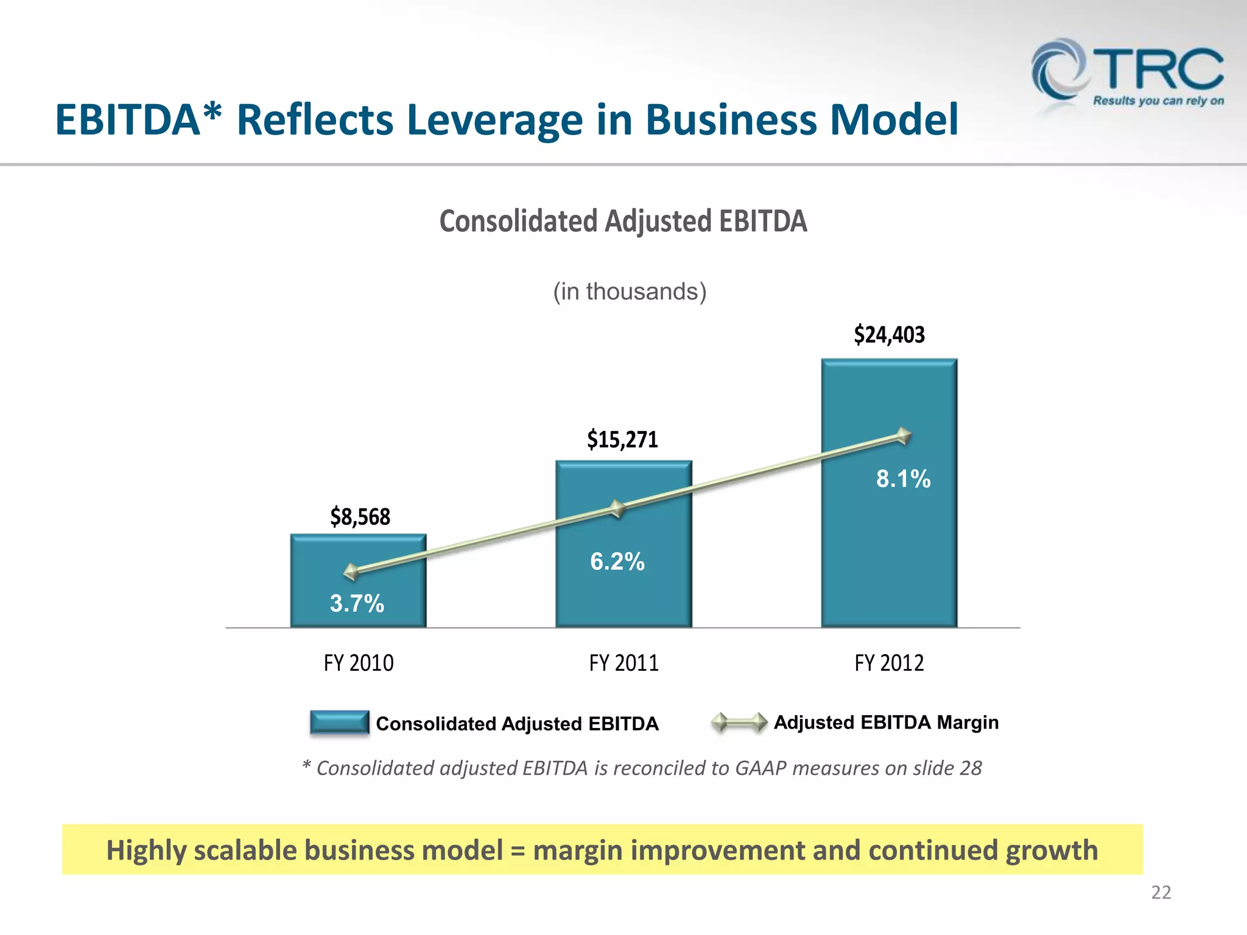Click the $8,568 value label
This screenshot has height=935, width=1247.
[x=360, y=517]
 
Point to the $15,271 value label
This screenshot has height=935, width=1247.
[x=622, y=439]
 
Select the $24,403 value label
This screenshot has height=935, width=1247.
[x=889, y=335]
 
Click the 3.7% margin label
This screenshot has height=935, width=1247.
[x=357, y=603]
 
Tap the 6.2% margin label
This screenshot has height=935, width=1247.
[x=617, y=561]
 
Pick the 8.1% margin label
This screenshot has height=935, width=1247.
[x=903, y=478]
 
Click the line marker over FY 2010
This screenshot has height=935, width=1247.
[x=351, y=572]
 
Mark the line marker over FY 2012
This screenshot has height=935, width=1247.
[x=904, y=436]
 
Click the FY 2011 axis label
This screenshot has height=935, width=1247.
[x=623, y=663]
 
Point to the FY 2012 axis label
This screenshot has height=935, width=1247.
[x=889, y=663]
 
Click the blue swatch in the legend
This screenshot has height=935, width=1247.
[x=339, y=723]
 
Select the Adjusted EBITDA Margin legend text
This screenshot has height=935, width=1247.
[x=886, y=723]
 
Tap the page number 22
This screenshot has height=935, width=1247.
[x=1161, y=892]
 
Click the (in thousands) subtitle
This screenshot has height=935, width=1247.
[x=630, y=292]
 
